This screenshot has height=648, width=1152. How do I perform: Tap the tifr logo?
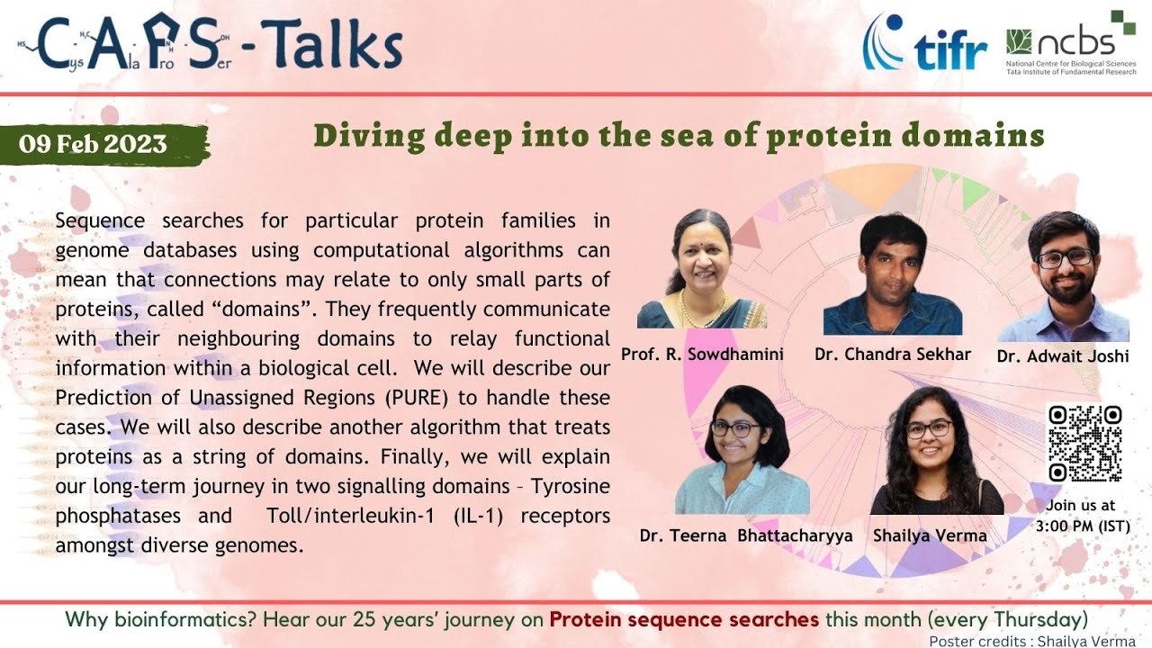point(925,45)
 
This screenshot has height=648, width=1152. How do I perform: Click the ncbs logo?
point(1071,45)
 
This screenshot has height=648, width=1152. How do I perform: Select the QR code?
point(1084,443)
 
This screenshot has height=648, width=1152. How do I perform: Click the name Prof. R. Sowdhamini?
point(702,354)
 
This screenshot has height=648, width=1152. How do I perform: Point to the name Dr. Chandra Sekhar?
point(892,354)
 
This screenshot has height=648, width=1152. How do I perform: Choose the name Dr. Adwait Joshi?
point(1062,355)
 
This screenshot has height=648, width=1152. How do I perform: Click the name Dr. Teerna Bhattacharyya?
point(745,535)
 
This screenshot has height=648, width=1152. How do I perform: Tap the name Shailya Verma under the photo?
point(930,535)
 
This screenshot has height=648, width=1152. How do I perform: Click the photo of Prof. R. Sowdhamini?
point(702,270)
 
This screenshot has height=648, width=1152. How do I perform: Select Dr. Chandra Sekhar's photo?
point(892,274)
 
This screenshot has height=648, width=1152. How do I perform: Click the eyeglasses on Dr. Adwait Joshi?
point(1065,258)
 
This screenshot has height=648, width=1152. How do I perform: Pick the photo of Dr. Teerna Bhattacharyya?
point(744,450)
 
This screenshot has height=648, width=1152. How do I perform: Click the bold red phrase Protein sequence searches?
point(684,619)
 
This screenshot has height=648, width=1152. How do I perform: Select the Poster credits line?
point(1031,641)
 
